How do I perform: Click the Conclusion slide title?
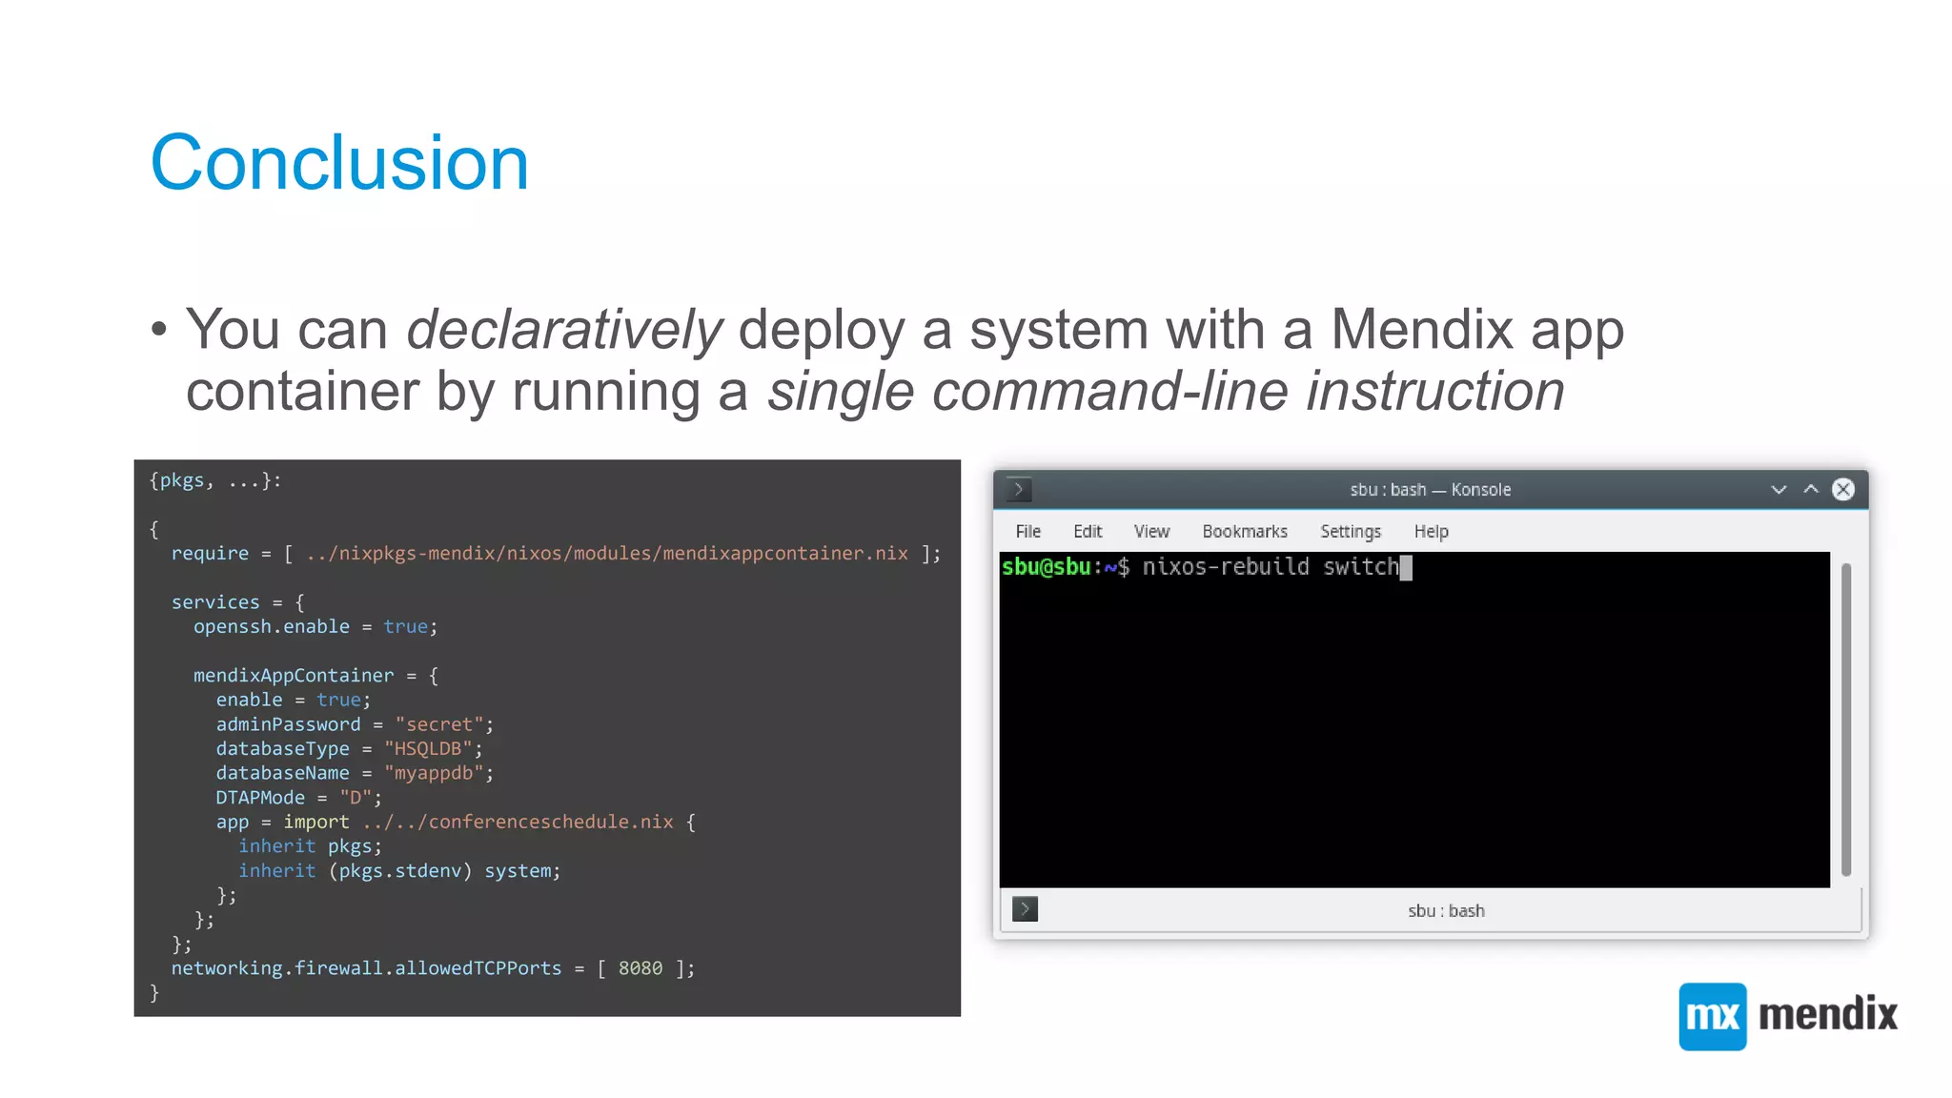pyautogui.click(x=339, y=163)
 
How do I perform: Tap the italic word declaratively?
pyautogui.click(x=564, y=330)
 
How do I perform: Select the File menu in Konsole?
pyautogui.click(x=1027, y=532)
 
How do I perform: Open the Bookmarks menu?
pyautogui.click(x=1244, y=532)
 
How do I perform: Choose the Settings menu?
pyautogui.click(x=1350, y=532)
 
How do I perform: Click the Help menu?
pyautogui.click(x=1431, y=532)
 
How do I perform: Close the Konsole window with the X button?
pyautogui.click(x=1843, y=490)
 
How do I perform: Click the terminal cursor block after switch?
pyautogui.click(x=1406, y=568)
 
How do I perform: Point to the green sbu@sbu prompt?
pyautogui.click(x=1046, y=567)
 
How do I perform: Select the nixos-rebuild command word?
pyautogui.click(x=1226, y=567)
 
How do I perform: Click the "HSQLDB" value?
pyautogui.click(x=428, y=749)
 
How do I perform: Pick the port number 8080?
pyautogui.click(x=640, y=968)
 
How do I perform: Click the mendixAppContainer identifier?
pyautogui.click(x=293, y=676)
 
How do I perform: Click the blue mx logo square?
pyautogui.click(x=1712, y=1016)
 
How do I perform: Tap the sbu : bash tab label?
pyautogui.click(x=1445, y=911)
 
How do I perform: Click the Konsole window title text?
pyautogui.click(x=1430, y=490)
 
